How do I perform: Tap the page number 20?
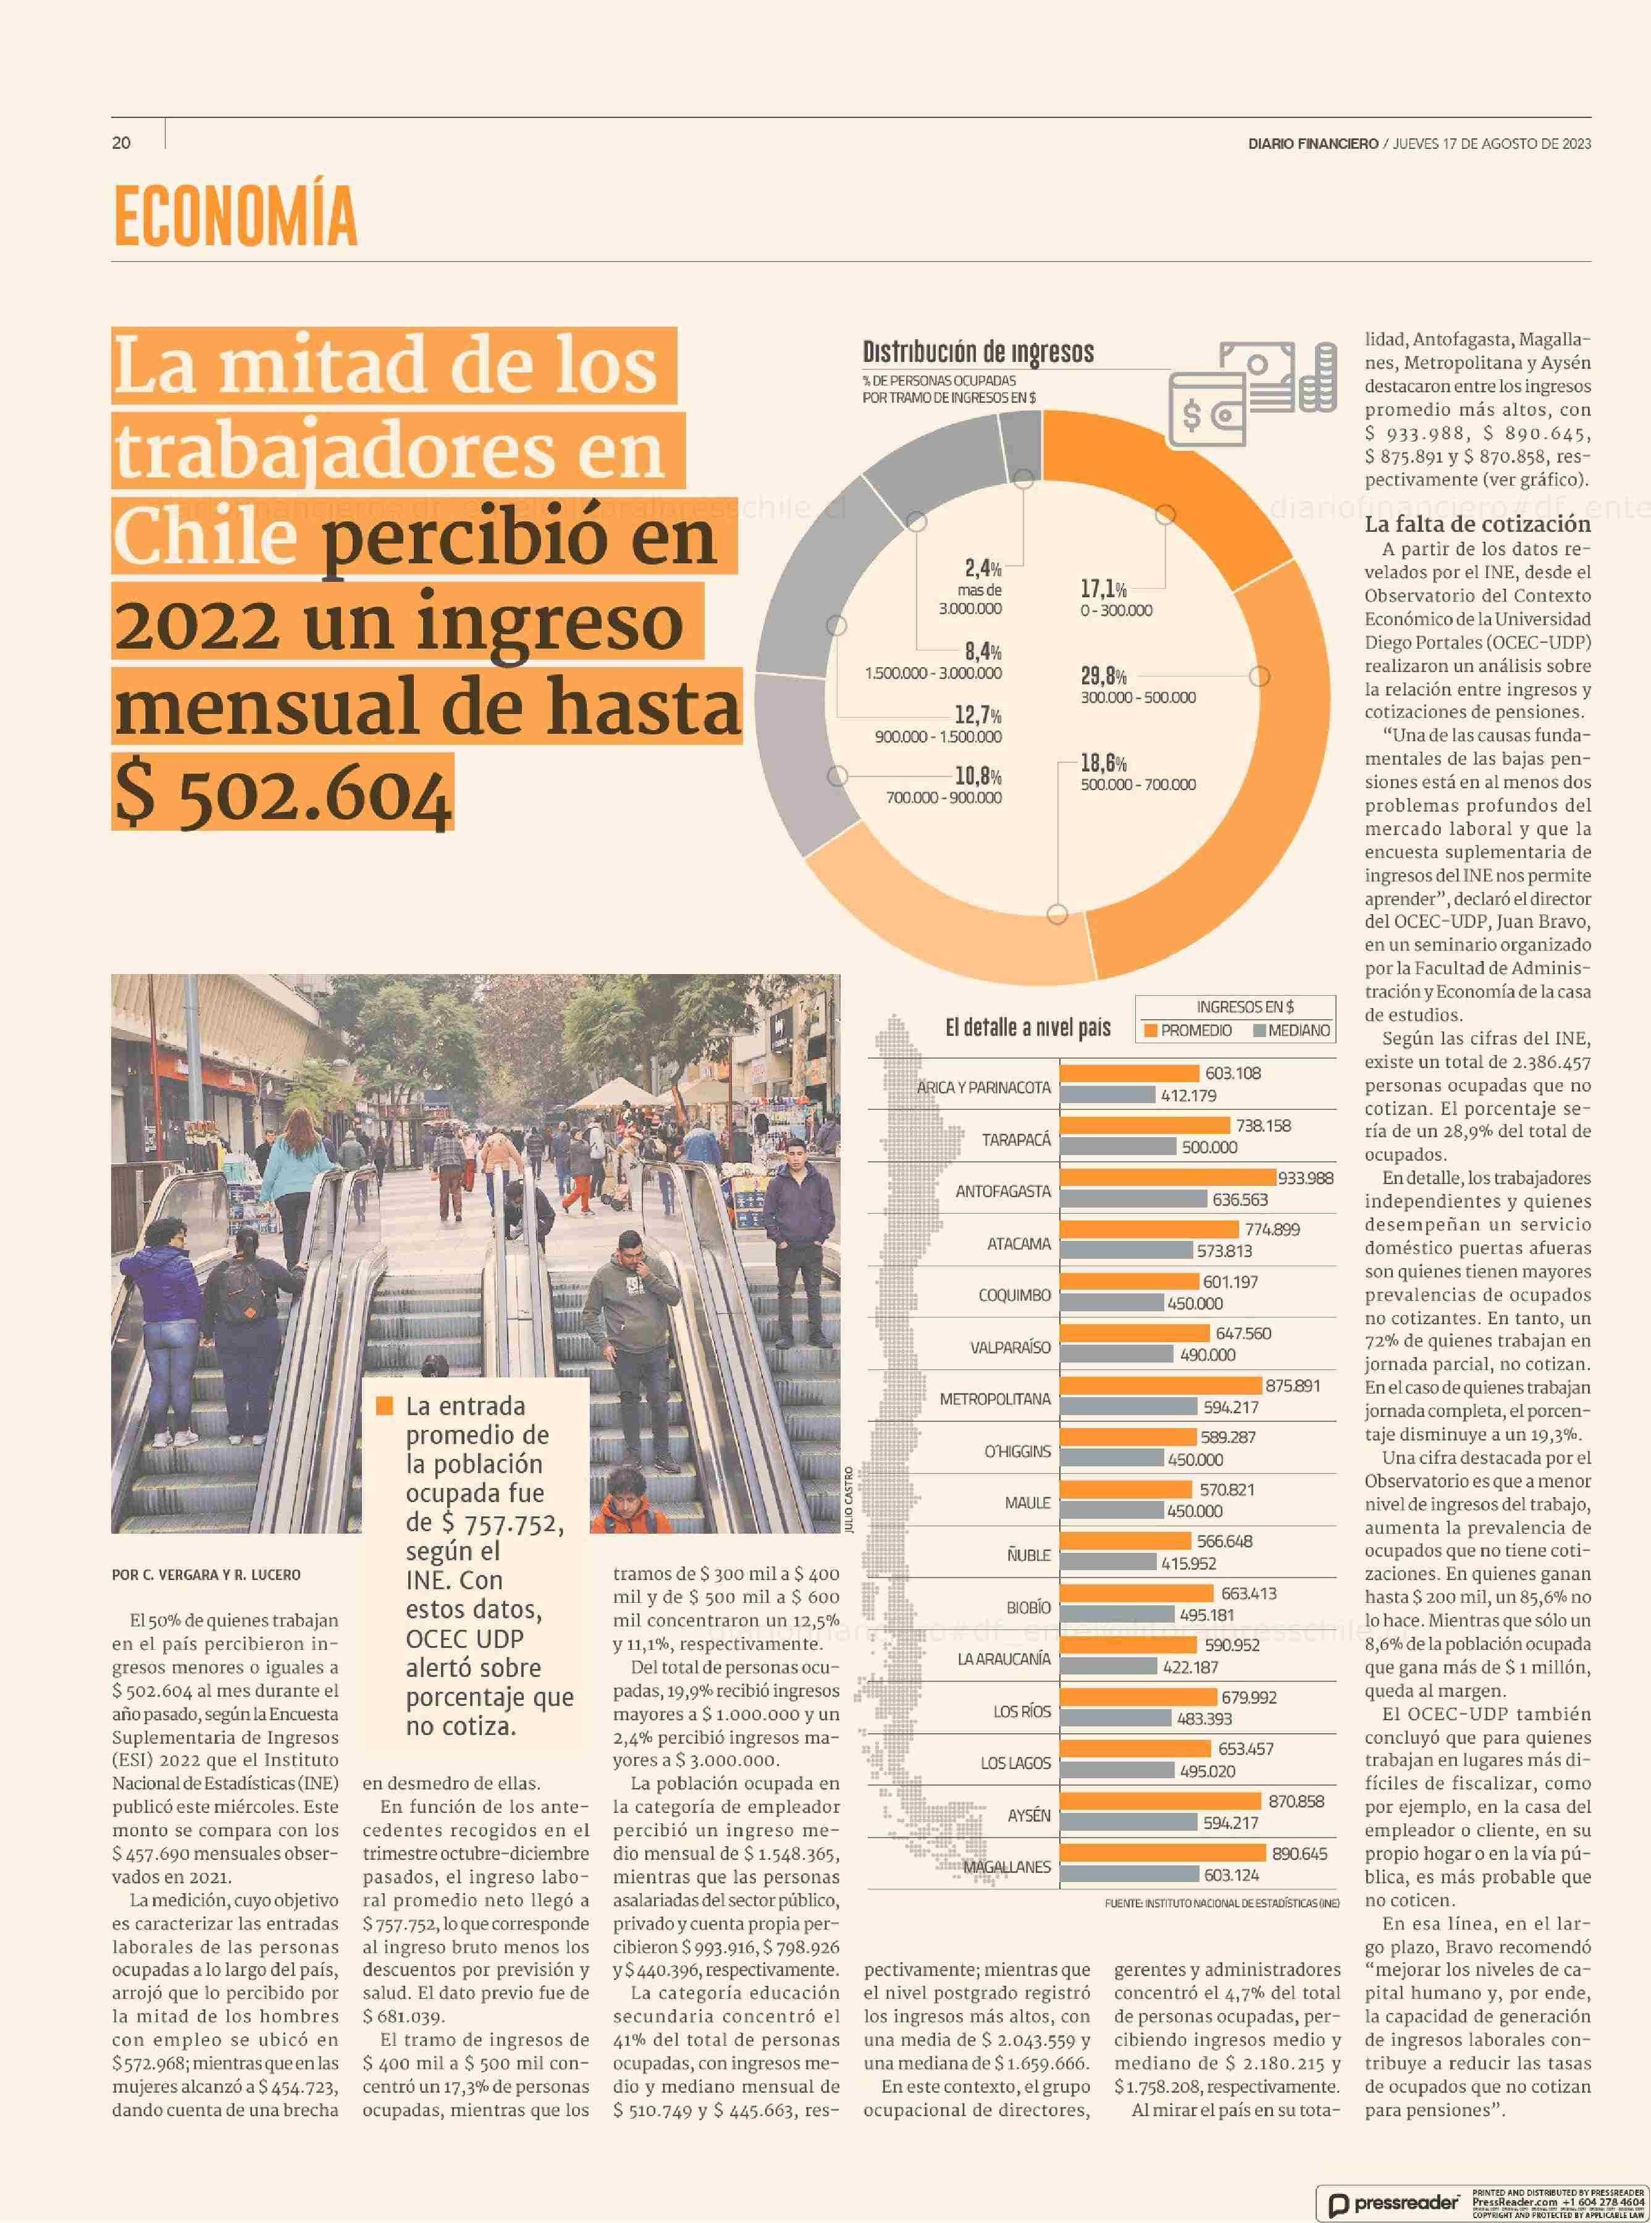[121, 143]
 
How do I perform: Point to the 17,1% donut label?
[1103, 589]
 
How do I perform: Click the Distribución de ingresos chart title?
[978, 352]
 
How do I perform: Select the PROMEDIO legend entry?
[1188, 1030]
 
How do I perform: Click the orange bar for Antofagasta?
[1167, 1177]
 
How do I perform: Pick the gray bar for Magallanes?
[1128, 1875]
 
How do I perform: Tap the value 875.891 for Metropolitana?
[1292, 1385]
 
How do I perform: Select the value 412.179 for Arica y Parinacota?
[1188, 1096]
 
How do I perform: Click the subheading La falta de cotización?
[1477, 524]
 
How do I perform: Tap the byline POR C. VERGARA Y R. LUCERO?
[206, 1574]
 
